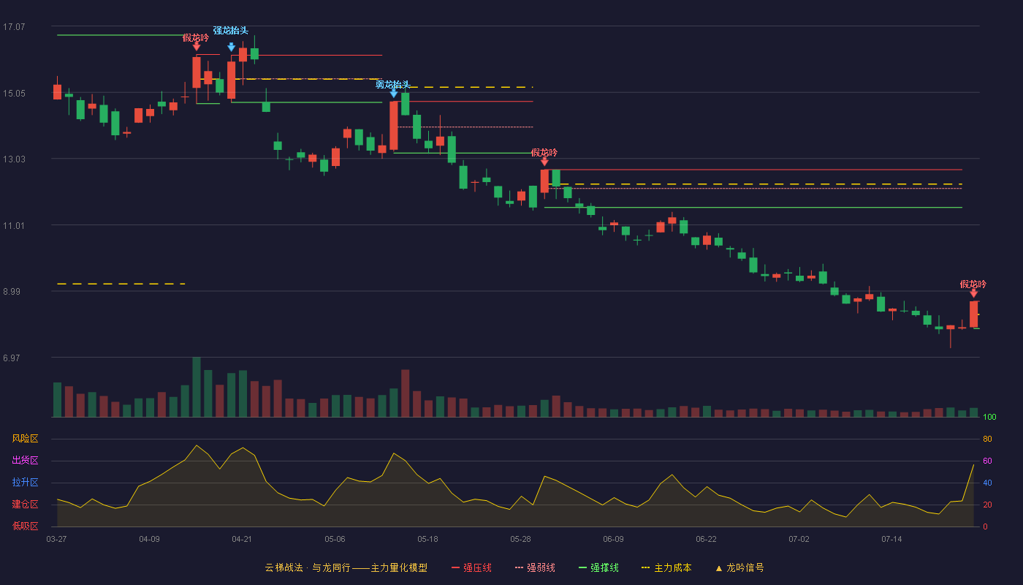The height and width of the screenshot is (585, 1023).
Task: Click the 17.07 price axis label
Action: coord(14,27)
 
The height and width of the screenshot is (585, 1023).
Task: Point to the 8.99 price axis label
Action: coord(12,292)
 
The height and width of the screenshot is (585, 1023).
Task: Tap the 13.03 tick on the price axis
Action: coord(14,159)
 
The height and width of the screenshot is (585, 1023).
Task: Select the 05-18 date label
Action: coord(427,540)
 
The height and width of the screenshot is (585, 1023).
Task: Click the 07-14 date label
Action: coord(891,540)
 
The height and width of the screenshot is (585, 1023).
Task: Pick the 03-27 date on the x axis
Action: coord(57,540)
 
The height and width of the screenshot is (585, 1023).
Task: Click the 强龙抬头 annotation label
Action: coord(231,31)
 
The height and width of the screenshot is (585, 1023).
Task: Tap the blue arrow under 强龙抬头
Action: coord(232,47)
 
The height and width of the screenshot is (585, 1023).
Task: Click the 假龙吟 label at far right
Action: coord(973,284)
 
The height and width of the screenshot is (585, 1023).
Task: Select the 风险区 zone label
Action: coord(25,439)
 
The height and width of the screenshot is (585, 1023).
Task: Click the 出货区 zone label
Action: coord(25,460)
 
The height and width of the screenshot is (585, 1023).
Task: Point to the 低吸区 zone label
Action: coord(25,526)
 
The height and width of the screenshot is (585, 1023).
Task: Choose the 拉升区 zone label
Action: coord(25,482)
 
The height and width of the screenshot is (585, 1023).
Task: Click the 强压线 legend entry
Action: coord(471,567)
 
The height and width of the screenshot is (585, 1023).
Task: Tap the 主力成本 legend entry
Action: coord(666,567)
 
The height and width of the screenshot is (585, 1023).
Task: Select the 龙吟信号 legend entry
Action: coord(739,567)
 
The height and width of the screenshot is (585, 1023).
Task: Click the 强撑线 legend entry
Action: coord(598,567)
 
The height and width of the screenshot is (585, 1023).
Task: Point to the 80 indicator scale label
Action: coord(987,439)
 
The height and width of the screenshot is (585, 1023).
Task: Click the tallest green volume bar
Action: coord(197,387)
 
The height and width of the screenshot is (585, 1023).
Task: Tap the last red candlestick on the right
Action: coord(973,314)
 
